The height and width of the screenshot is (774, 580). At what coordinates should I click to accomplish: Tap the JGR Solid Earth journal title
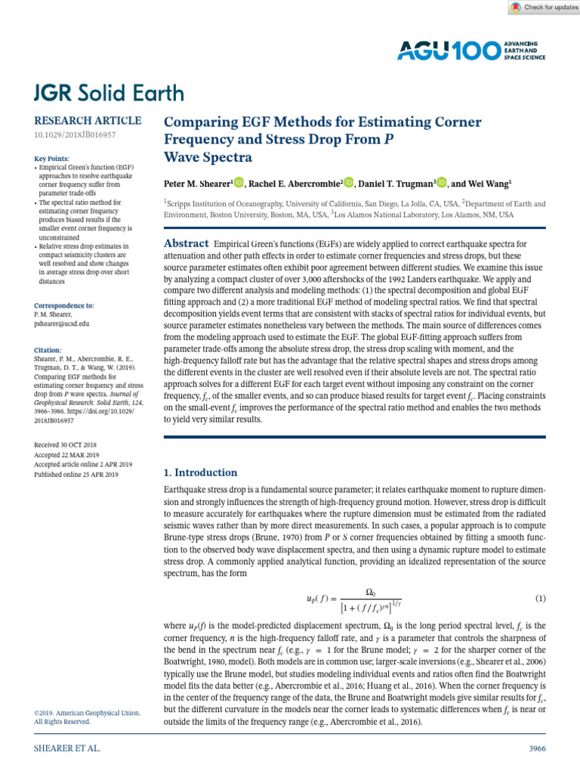point(109,93)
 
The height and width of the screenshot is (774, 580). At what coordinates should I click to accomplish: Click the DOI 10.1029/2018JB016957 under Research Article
point(75,135)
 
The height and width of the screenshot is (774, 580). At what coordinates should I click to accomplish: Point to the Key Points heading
point(54,159)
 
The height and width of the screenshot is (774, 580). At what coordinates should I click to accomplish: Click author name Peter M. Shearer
point(197,183)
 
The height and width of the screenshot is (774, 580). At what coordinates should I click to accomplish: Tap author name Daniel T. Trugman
point(394,183)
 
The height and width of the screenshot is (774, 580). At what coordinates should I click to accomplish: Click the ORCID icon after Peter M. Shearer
point(240,182)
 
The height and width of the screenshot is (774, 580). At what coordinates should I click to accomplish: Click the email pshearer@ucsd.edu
point(62,323)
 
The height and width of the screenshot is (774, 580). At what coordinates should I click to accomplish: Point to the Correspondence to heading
point(64,305)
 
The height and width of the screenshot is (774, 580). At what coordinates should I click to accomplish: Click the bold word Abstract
point(187,243)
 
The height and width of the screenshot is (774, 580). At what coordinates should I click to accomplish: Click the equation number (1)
point(540,599)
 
